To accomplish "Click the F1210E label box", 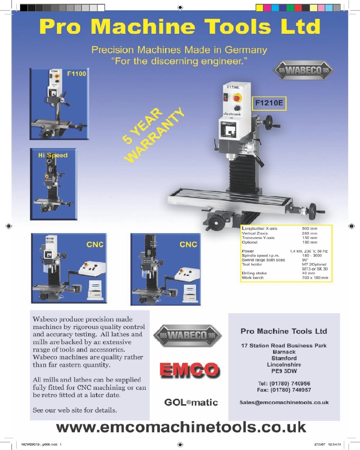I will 269,103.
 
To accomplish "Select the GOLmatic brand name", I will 191,402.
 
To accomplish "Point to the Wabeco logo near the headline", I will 303,70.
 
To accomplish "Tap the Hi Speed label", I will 53,155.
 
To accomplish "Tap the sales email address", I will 284,402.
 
